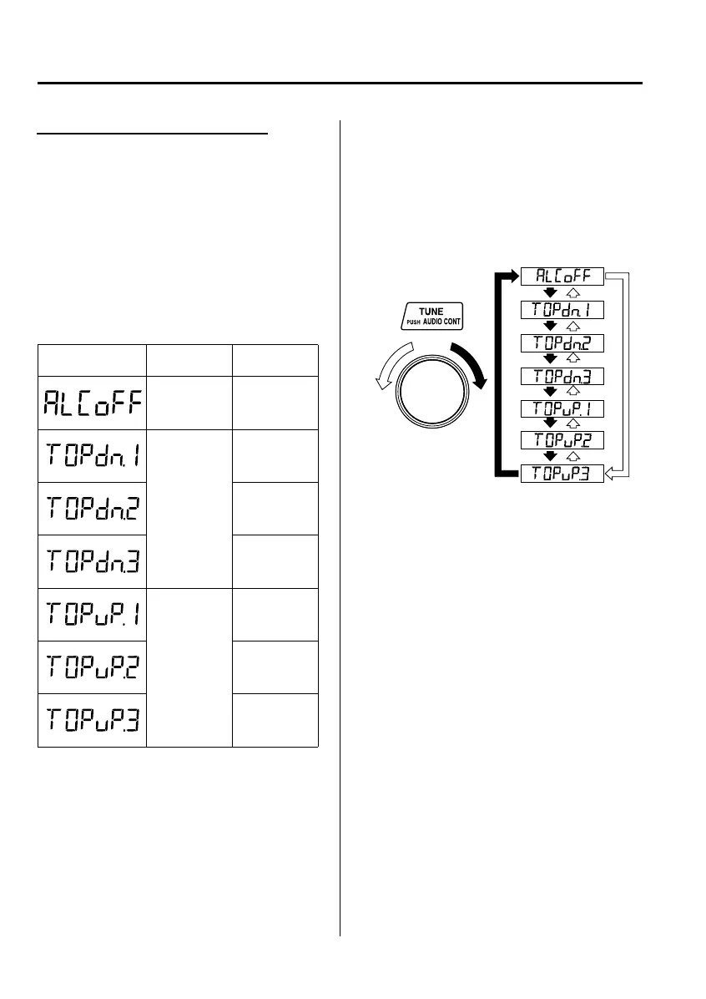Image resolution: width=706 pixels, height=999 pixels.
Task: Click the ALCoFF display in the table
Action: click(92, 403)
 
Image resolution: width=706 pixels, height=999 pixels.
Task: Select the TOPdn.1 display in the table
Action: click(92, 455)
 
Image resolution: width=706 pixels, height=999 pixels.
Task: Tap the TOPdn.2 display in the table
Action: click(92, 508)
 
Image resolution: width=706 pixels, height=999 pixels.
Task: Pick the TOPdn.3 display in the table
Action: click(92, 561)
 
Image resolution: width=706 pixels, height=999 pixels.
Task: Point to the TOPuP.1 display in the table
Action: click(92, 614)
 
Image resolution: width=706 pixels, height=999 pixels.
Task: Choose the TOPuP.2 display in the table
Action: click(92, 667)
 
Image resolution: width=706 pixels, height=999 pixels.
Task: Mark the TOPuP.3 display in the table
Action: click(92, 719)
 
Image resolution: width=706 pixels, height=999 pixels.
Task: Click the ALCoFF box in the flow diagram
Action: click(562, 276)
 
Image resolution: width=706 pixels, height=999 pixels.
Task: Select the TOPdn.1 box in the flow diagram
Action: click(562, 310)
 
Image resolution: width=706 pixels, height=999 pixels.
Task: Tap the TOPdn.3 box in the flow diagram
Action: click(562, 376)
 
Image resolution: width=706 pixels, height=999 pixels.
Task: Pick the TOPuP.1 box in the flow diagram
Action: click(562, 408)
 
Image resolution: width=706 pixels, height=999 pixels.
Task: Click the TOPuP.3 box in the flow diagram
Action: click(562, 474)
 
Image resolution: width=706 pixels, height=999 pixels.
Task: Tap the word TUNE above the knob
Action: click(431, 312)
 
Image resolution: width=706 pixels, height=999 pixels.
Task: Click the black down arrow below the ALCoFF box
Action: click(550, 293)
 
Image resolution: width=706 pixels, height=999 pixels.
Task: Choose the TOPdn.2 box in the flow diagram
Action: click(562, 342)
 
